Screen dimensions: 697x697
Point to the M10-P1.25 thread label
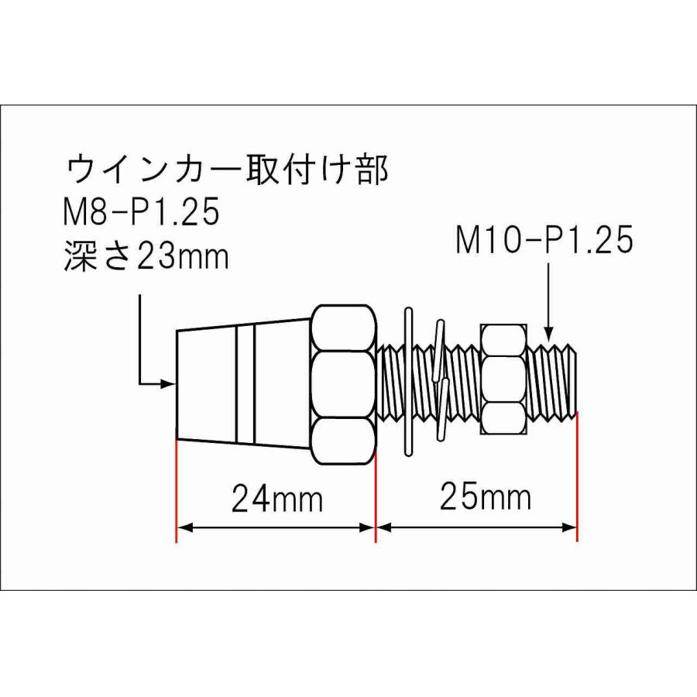[x=544, y=242]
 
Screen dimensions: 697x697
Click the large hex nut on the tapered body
[x=345, y=385]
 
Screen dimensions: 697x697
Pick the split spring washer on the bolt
[x=441, y=379]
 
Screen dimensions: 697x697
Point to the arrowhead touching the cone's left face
[x=169, y=383]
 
